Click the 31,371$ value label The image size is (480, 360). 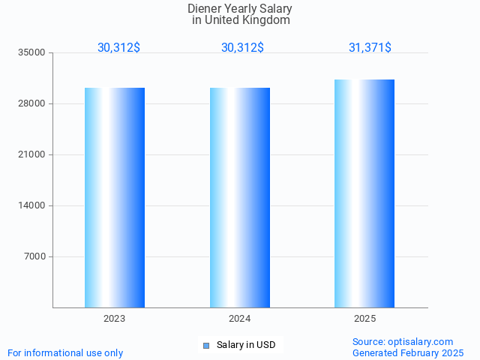pyautogui.click(x=370, y=48)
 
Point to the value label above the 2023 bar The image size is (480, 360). pyautogui.click(x=118, y=48)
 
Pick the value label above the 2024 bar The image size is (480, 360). pyautogui.click(x=242, y=48)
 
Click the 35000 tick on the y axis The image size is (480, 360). pyautogui.click(x=32, y=53)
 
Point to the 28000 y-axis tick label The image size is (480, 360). pyautogui.click(x=32, y=104)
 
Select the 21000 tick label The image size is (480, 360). pyautogui.click(x=32, y=155)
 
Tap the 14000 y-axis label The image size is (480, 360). pyautogui.click(x=32, y=206)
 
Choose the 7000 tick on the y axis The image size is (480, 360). pyautogui.click(x=34, y=257)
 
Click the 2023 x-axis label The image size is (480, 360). pyautogui.click(x=114, y=319)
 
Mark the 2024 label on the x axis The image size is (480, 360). pyautogui.click(x=239, y=319)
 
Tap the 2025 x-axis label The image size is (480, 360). pyautogui.click(x=364, y=319)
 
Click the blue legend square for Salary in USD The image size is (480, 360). pyautogui.click(x=205, y=345)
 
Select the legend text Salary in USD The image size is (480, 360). pyautogui.click(x=245, y=345)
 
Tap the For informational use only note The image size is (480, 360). pyautogui.click(x=65, y=352)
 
